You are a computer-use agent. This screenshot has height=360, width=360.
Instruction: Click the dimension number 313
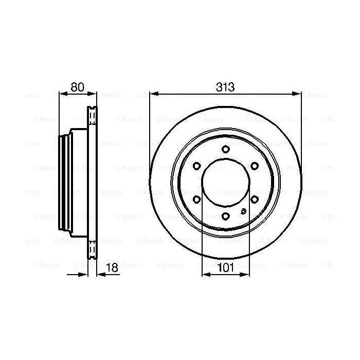click(225, 87)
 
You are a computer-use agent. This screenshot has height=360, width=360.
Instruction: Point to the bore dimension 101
click(225, 266)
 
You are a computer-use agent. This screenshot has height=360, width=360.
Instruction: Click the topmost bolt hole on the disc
click(225, 149)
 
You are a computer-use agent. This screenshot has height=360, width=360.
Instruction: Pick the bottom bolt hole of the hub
click(225, 217)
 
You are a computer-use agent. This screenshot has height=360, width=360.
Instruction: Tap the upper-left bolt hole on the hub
click(196, 166)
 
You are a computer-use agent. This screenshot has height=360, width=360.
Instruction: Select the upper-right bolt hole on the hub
click(255, 166)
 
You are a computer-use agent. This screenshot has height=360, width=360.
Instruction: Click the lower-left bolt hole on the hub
click(196, 200)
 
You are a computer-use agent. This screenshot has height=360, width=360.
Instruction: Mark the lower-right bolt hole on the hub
click(255, 200)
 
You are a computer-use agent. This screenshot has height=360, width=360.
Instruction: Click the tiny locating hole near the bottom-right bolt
click(242, 210)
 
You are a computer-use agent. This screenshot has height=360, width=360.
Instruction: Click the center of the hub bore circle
click(225, 183)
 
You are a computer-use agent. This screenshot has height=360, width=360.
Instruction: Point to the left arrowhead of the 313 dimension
click(153, 94)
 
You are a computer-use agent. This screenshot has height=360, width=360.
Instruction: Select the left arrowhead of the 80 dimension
click(63, 94)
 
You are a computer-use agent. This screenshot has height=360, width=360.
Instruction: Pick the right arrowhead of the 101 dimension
click(245, 274)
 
